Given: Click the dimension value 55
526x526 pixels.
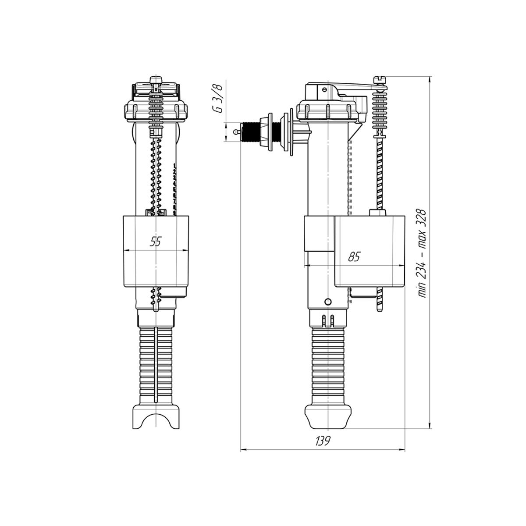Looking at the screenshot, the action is (156, 241).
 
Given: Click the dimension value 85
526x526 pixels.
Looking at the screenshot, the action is (355, 256).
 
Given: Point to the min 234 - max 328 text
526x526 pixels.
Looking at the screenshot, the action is (421, 254).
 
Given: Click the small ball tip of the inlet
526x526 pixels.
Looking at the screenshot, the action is (235, 132).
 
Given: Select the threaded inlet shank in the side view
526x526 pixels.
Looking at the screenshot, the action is (249, 132).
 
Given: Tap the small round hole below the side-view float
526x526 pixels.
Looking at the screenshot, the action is (328, 302).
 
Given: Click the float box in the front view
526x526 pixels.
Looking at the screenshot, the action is (156, 251).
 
